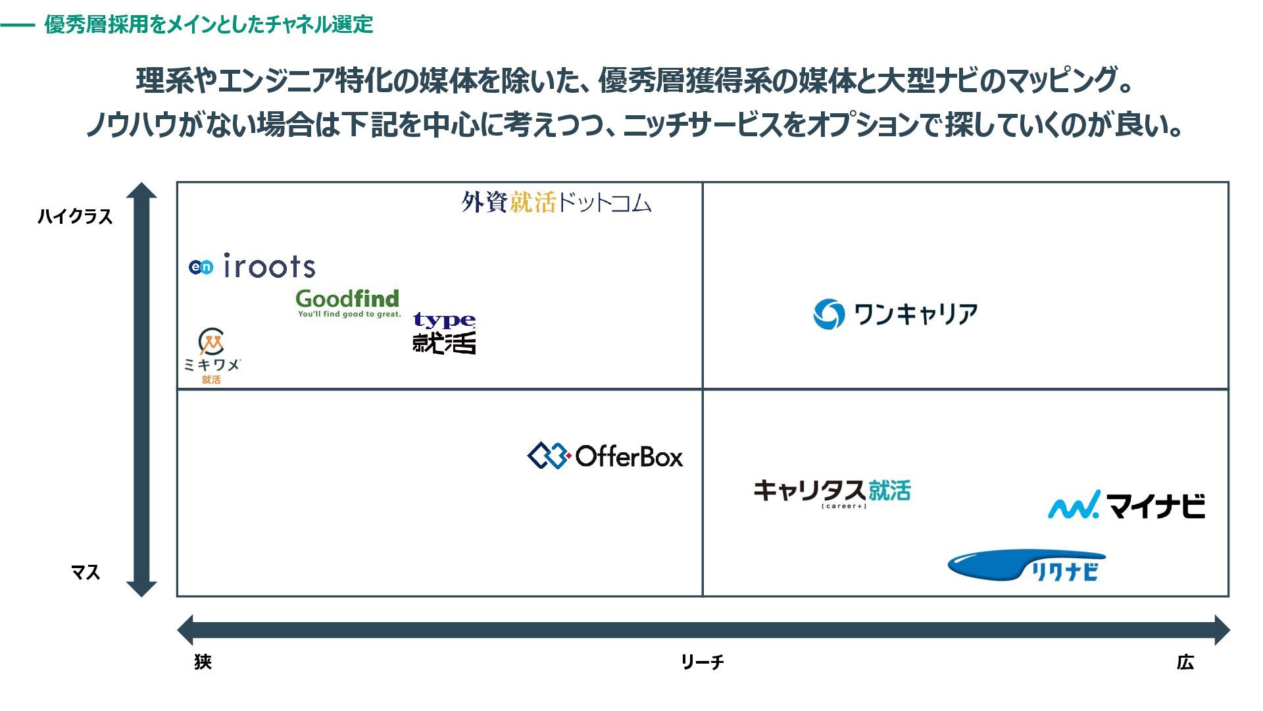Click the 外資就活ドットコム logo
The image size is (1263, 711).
click(x=556, y=202)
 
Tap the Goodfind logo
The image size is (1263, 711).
click(x=348, y=303)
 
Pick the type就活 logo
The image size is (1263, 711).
click(x=444, y=333)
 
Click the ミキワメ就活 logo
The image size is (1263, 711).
click(x=212, y=355)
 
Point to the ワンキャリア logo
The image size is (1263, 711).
click(x=895, y=314)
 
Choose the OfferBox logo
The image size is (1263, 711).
click(x=605, y=456)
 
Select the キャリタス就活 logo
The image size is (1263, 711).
click(x=832, y=492)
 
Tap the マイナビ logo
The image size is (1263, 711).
click(x=1126, y=506)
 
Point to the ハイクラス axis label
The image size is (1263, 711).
click(x=75, y=217)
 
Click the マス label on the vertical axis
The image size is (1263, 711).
click(x=86, y=572)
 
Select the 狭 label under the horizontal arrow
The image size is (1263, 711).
click(x=203, y=662)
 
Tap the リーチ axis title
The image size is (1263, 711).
click(x=702, y=662)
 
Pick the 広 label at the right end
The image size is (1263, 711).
click(x=1185, y=662)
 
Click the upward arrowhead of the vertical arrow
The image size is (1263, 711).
click(x=141, y=190)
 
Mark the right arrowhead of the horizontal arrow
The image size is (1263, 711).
click(x=1221, y=630)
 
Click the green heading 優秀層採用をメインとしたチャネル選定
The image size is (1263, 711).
click(x=209, y=24)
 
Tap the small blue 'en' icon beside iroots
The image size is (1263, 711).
click(x=201, y=267)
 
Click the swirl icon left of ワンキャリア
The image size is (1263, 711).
click(x=828, y=314)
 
